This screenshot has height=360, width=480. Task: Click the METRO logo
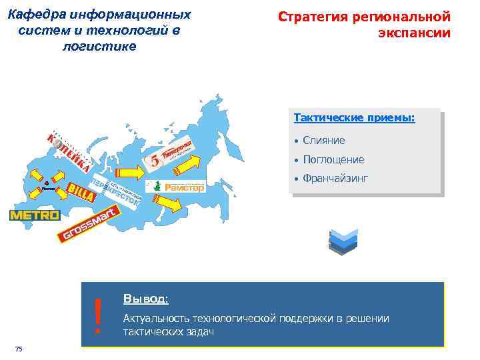[x=35, y=215]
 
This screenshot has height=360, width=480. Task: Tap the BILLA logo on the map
[x=79, y=191]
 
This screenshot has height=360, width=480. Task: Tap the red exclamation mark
[x=98, y=315]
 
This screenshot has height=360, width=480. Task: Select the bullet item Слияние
[x=323, y=140]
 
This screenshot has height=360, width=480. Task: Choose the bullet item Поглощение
[x=333, y=159]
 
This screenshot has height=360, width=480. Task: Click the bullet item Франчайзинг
[x=335, y=179]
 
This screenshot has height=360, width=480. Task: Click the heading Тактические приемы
[x=354, y=118]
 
